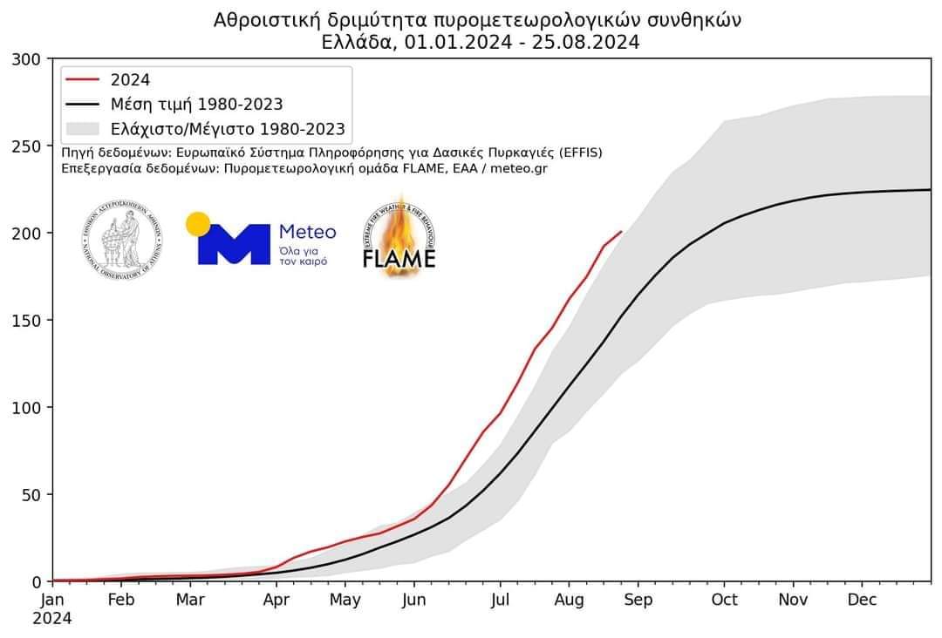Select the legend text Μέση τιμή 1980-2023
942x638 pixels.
(196, 105)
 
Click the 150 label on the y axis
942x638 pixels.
(26, 321)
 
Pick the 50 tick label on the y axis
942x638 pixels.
(31, 495)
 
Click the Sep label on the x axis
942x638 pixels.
(638, 601)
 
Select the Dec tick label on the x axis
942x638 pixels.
(863, 601)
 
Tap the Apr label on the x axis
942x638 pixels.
(276, 601)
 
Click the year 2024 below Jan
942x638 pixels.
(53, 619)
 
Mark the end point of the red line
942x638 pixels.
(621, 232)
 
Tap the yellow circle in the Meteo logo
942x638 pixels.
(198, 224)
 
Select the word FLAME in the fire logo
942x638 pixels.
(399, 260)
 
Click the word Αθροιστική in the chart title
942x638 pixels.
(259, 19)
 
